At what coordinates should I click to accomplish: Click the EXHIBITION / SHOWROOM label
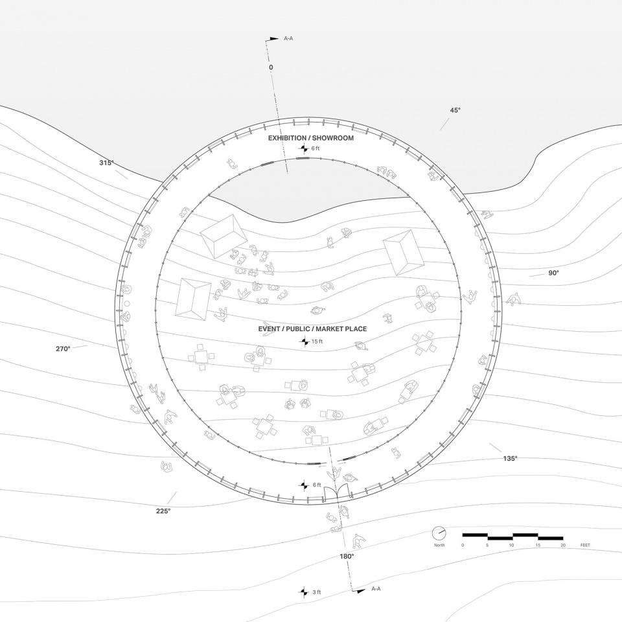tap(310, 138)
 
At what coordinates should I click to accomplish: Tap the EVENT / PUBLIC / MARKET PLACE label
tap(312, 329)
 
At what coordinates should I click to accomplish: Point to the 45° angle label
tap(455, 110)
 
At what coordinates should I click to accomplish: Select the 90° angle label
tap(553, 273)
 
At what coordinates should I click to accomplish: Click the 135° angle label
tap(510, 459)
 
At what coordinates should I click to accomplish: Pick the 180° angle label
tap(346, 557)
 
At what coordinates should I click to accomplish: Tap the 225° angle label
tap(163, 511)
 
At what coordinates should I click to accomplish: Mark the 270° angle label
tap(63, 349)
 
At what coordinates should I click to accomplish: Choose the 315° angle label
tap(106, 163)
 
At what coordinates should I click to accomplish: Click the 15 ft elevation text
tap(317, 341)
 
